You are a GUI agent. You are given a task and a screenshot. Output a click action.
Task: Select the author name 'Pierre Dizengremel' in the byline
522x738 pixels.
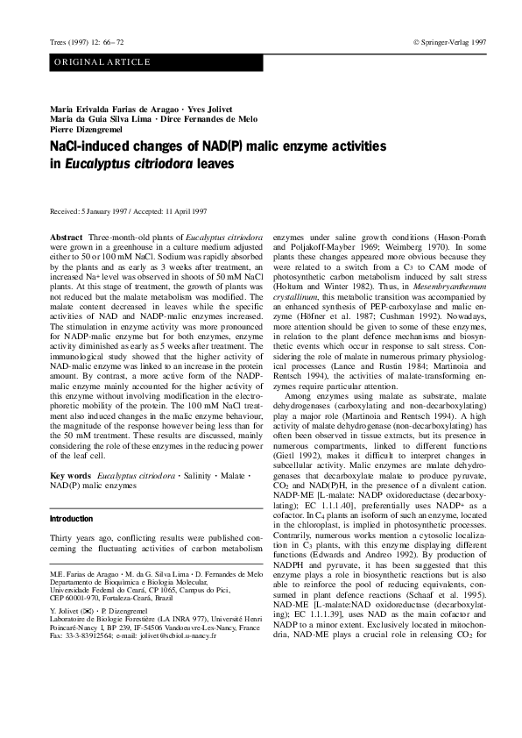(x=85, y=128)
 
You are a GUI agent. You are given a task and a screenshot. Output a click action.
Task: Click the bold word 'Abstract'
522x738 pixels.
(x=67, y=238)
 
